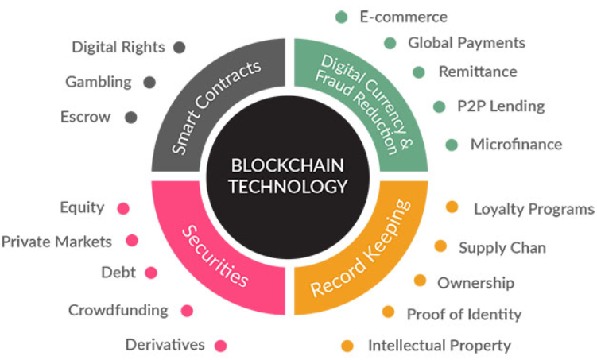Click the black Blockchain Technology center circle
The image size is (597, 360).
[x=289, y=176]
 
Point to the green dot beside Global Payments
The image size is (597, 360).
[x=390, y=43]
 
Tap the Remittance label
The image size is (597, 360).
[x=477, y=72]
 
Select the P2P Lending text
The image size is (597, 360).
[x=500, y=106]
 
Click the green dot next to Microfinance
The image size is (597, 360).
[x=452, y=145]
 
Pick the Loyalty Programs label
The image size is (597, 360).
[x=533, y=210]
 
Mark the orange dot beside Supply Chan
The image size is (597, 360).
[x=440, y=246]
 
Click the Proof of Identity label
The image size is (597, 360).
[x=463, y=315]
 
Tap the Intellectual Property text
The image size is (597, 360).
[x=439, y=346]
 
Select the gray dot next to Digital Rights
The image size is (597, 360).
[x=179, y=47]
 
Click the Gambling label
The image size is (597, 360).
[x=99, y=82]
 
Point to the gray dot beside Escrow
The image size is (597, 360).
[x=131, y=117]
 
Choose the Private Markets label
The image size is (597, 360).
[x=56, y=241]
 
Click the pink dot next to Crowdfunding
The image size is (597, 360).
[x=187, y=311]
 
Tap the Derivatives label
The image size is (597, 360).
[x=165, y=345]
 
